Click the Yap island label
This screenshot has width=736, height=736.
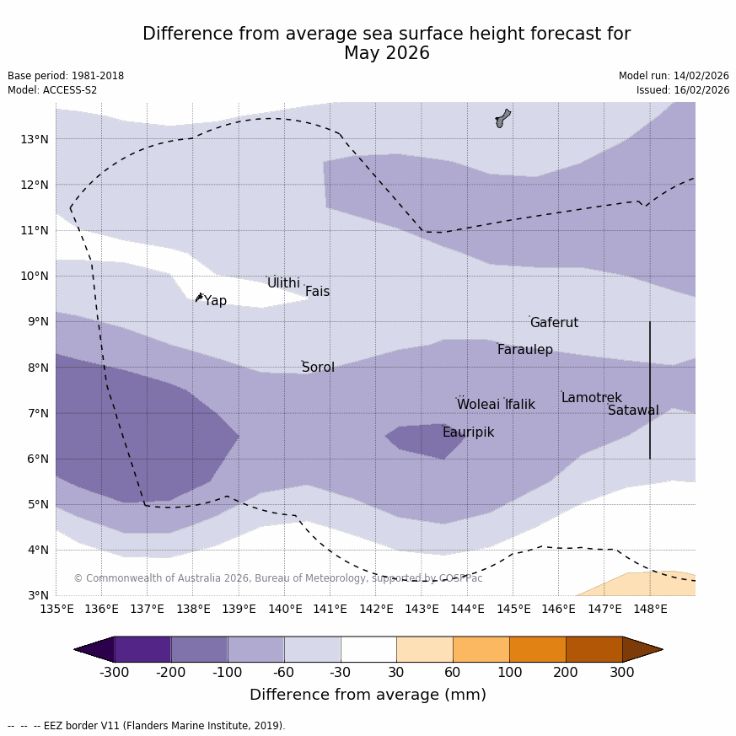point(215,301)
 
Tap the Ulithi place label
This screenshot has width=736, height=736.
point(283,283)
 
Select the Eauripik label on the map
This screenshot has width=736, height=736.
point(468,432)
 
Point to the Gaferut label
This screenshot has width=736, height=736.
point(554,323)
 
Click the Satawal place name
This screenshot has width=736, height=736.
point(633,411)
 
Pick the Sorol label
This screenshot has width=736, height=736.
point(318,368)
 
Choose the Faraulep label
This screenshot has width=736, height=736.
point(524,350)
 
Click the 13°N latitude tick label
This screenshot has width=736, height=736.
point(34,139)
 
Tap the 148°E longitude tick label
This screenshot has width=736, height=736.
point(650,609)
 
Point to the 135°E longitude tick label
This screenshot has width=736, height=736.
point(56,609)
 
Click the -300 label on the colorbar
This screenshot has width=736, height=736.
point(115,672)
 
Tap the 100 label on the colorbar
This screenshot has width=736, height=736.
point(509,672)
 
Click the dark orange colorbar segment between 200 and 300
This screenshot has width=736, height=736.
point(594,649)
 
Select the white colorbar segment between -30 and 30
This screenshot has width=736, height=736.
point(368,649)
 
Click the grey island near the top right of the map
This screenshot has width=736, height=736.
point(503,118)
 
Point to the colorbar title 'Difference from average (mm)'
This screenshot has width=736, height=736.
point(368,695)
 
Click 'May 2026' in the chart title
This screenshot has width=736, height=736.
point(386,54)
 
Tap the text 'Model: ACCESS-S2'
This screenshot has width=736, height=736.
point(52,90)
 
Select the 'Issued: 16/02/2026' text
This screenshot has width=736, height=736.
point(683,90)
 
